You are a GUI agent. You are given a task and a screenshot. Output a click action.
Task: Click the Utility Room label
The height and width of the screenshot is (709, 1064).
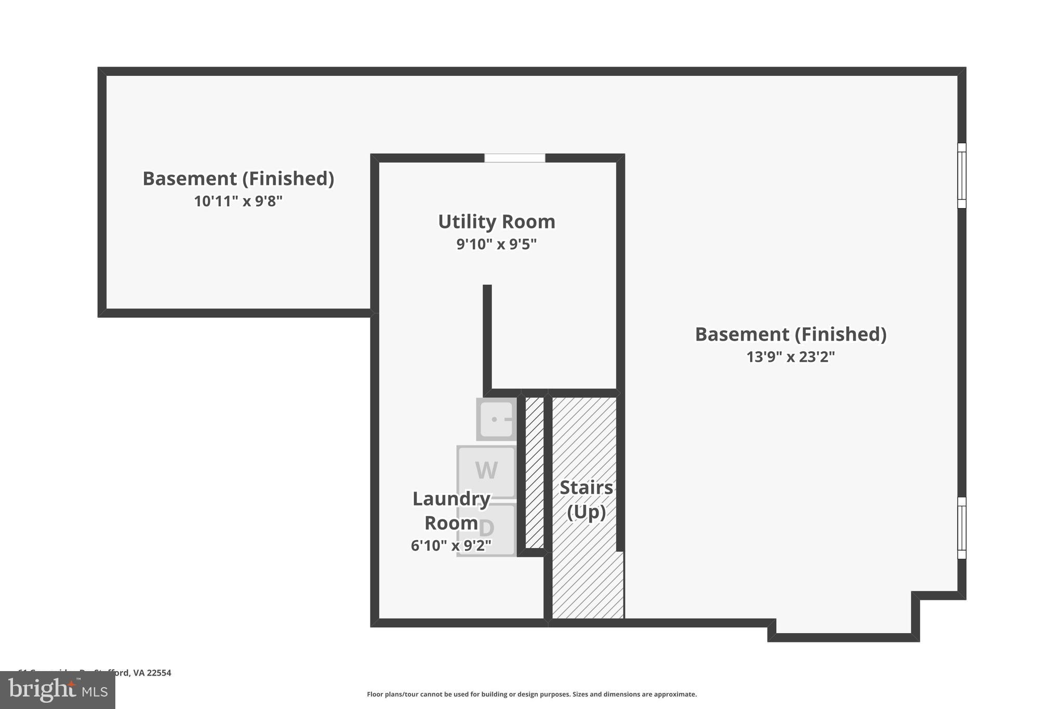coord(497,222)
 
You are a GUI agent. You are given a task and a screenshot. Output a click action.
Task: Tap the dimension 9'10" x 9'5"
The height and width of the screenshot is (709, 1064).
coord(496,244)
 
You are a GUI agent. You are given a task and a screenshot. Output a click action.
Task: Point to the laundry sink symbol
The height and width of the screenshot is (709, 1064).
coord(496,419)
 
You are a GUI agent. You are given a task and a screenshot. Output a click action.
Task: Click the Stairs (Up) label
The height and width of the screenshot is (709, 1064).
coord(586,500)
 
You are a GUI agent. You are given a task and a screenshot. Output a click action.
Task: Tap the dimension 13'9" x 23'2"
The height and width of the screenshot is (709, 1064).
coord(790,357)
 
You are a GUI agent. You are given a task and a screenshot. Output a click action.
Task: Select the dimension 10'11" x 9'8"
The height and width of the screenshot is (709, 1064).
coord(238,202)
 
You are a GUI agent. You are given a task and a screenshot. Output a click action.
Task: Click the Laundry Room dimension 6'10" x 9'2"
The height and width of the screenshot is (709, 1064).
coord(451,546)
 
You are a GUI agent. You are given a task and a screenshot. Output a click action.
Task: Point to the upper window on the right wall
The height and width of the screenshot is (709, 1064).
coord(962,176)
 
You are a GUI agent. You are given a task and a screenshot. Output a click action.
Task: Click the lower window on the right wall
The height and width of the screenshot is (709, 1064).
coord(962,528)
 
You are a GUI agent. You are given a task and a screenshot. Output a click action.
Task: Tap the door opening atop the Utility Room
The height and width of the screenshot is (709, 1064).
coord(515,158)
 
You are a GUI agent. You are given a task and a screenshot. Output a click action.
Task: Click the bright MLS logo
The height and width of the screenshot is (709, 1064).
coord(58,690)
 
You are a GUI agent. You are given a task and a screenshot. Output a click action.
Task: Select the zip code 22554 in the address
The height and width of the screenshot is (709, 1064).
coord(159,673)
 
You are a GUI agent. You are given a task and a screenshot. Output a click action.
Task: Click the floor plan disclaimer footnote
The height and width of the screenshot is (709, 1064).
coord(531,694)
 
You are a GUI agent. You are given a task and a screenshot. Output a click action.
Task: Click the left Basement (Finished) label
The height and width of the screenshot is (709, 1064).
coord(238,179)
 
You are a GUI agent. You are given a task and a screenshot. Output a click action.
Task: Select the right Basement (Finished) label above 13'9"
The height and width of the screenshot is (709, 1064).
coord(790,335)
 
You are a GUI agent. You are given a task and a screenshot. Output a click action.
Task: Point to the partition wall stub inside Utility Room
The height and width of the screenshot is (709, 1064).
coord(487,338)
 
